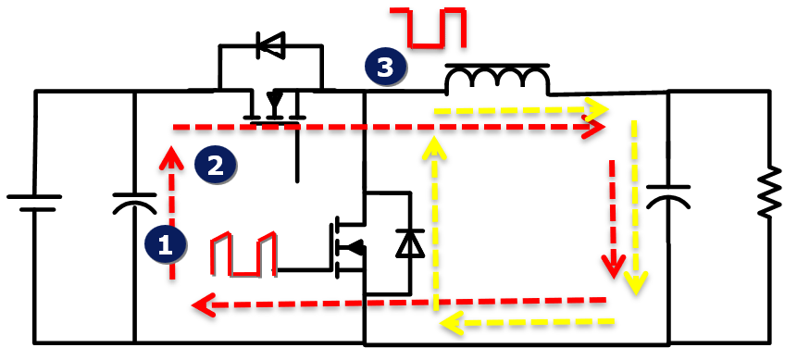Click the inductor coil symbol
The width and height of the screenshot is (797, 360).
tap(497, 81)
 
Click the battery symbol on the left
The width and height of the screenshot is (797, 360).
tap(34, 203)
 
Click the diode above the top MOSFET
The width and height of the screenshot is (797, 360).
tap(270, 44)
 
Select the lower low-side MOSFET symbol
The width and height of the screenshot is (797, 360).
tap(345, 245)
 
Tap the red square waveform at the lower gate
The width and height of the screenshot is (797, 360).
tap(243, 254)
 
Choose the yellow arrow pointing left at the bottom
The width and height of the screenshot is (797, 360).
tap(528, 322)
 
